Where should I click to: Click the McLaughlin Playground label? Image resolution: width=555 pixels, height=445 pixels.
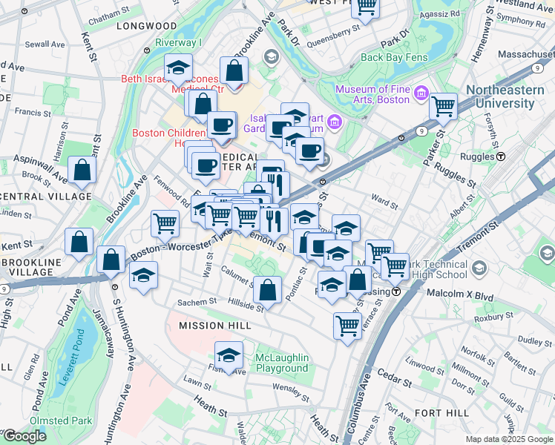[282, 363]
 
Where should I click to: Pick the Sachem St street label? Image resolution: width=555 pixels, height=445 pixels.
[197, 302]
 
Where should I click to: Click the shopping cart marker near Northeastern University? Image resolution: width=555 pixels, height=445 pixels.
[443, 106]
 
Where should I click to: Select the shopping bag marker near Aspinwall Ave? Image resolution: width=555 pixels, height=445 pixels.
[82, 171]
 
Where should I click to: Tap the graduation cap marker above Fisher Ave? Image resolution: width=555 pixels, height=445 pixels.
[229, 355]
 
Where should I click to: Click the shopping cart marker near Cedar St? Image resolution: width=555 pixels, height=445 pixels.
[347, 325]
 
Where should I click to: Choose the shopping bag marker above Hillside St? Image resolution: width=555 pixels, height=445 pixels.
[268, 289]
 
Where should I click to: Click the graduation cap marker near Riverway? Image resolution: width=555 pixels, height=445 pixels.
[178, 68]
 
